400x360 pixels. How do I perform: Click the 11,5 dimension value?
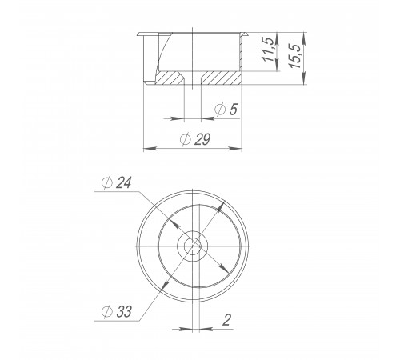click(x=268, y=49)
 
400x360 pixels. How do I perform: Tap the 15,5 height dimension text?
click(x=295, y=55)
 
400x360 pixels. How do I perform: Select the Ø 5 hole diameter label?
click(x=226, y=109)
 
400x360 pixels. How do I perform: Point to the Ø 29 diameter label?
click(x=195, y=139)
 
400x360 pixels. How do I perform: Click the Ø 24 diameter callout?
click(x=117, y=182)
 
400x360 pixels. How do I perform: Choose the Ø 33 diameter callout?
click(x=117, y=311)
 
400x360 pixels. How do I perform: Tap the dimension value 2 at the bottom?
click(x=226, y=320)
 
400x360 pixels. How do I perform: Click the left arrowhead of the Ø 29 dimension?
click(x=150, y=148)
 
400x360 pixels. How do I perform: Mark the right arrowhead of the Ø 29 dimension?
click(x=235, y=148)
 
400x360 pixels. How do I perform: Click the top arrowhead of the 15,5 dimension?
click(x=304, y=39)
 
